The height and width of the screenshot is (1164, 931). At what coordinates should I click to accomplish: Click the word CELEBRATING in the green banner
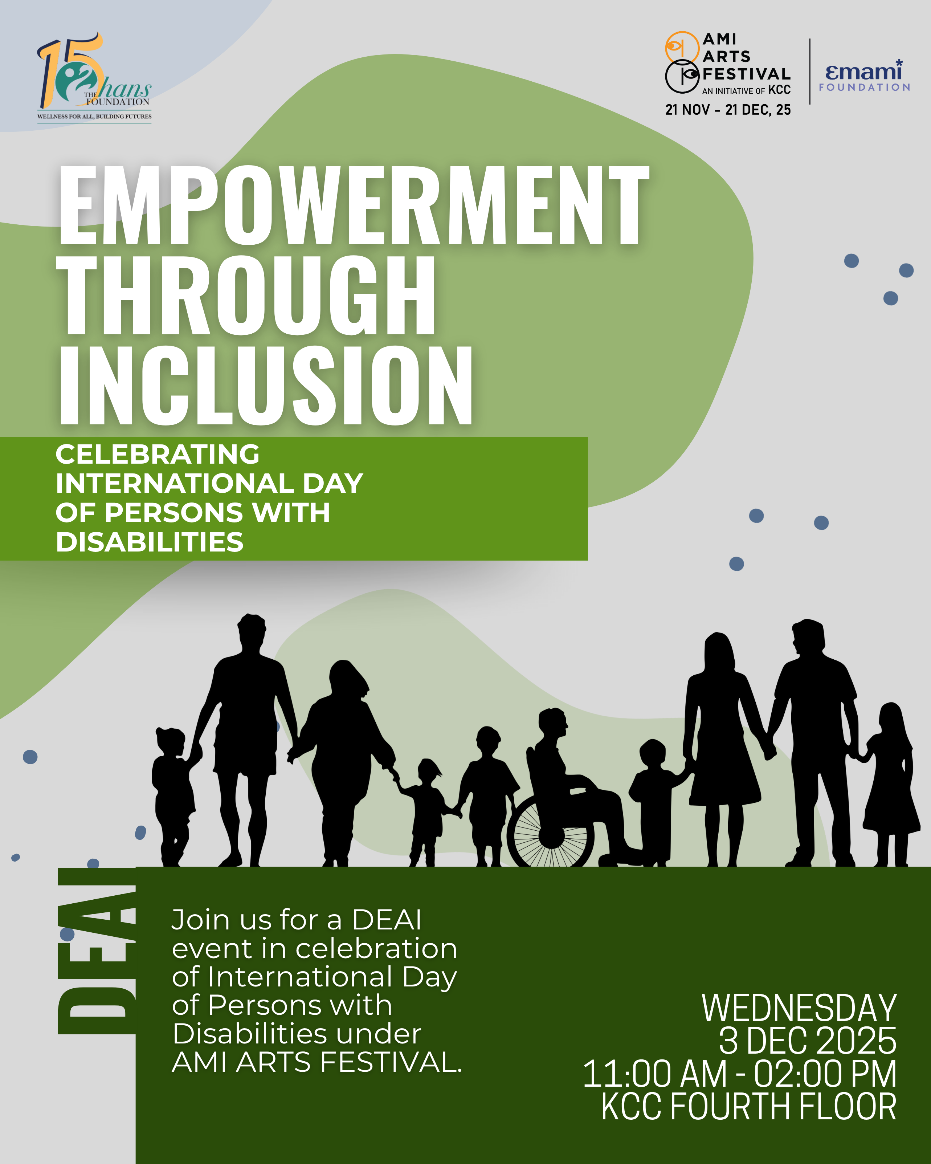158,454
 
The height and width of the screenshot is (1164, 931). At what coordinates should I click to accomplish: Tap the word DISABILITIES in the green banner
150,542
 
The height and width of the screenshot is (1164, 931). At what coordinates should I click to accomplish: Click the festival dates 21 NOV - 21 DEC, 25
727,110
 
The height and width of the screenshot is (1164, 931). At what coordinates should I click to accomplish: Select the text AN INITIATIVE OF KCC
746,90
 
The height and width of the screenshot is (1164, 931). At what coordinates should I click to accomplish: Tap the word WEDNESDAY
799,1008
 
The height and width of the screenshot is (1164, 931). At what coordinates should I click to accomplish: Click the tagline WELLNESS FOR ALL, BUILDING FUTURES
94,116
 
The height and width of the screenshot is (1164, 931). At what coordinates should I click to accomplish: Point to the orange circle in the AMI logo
682,47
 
